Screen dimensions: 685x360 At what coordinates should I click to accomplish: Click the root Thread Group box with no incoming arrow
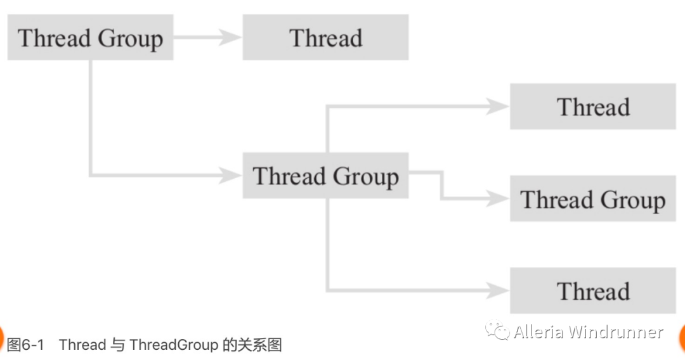[90, 38]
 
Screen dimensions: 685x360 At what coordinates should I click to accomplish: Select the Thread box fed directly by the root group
[325, 38]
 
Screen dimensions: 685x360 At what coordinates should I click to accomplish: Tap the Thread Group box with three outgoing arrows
[325, 176]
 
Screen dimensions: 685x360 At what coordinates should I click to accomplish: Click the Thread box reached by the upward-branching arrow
[592, 106]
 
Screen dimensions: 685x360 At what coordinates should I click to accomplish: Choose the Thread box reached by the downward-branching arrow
[592, 291]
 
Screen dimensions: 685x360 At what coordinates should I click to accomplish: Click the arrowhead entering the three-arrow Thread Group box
[231, 176]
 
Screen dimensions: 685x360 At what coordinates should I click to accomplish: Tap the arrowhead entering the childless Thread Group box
[499, 199]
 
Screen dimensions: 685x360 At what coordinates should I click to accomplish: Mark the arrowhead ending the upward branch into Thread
[499, 106]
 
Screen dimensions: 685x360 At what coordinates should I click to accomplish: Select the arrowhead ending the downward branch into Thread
[499, 291]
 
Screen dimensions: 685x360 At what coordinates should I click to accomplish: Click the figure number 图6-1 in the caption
[25, 345]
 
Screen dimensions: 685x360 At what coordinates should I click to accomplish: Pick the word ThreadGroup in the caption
[174, 345]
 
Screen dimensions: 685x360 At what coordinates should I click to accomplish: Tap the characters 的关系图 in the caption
[252, 345]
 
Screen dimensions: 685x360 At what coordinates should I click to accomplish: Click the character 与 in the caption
[118, 345]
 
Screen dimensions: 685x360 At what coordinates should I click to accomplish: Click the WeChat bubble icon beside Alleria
[497, 331]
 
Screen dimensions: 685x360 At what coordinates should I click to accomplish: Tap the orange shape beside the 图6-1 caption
[2, 337]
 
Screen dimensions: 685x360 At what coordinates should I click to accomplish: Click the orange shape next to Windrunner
[682, 337]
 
